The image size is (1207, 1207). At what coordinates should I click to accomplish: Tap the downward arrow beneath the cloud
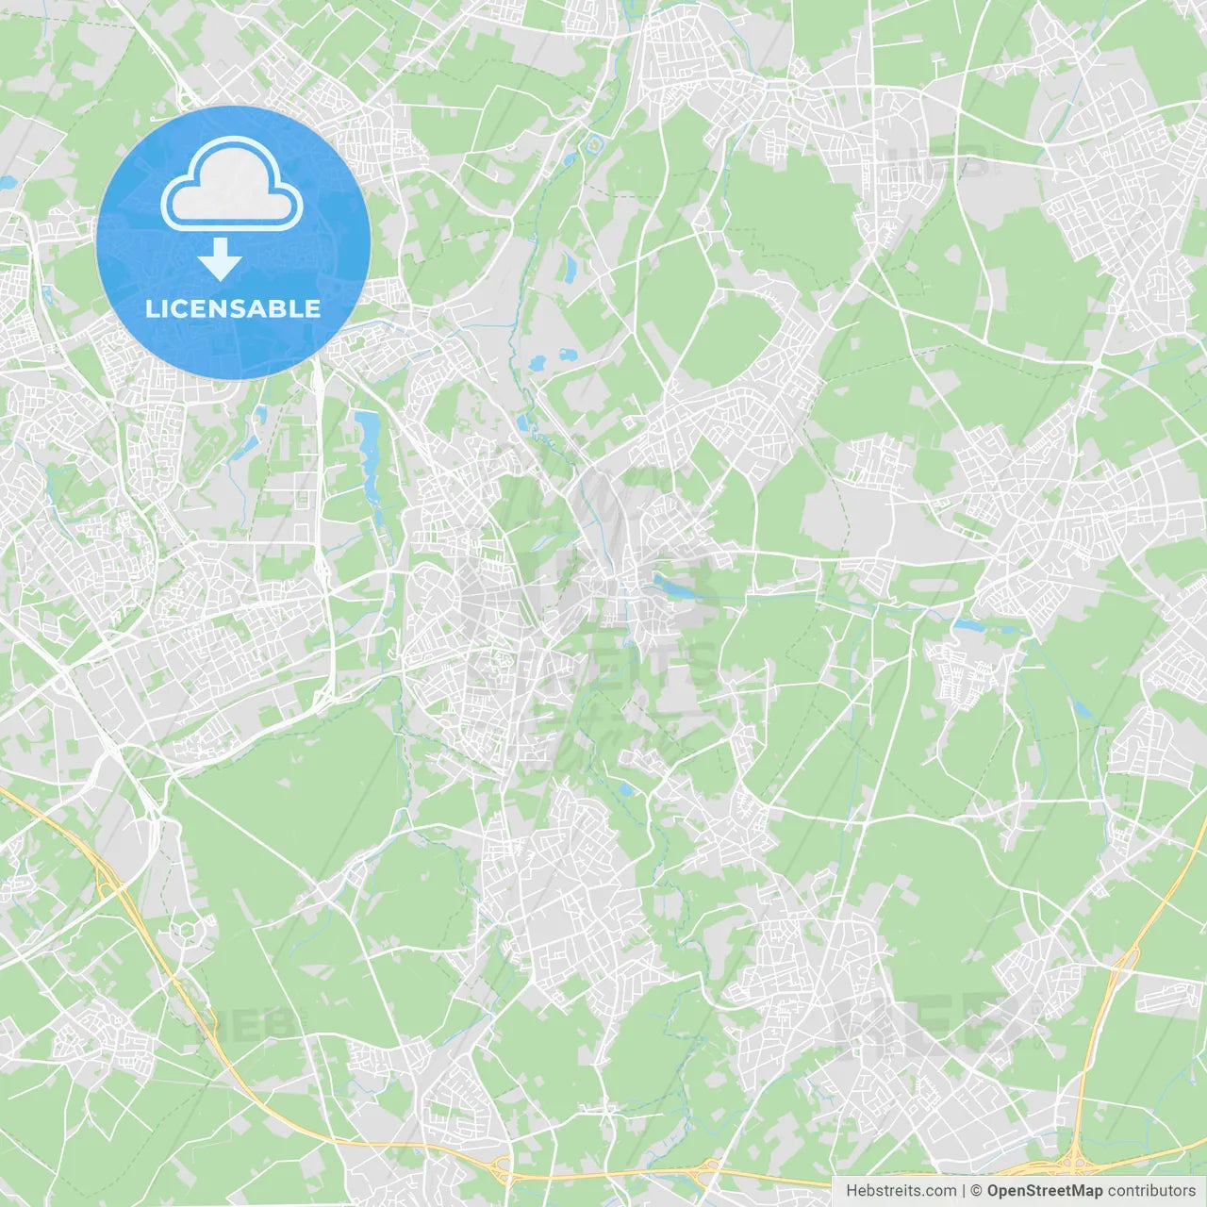coord(220,259)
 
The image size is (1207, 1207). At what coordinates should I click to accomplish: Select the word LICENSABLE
coord(232,308)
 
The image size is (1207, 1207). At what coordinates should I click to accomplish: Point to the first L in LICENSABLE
coord(152,308)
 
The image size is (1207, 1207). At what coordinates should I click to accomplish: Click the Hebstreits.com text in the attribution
coord(901,1191)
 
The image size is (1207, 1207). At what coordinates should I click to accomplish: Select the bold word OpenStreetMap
coord(1045,1191)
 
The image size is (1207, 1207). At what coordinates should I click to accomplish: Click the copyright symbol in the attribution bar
coord(977,1191)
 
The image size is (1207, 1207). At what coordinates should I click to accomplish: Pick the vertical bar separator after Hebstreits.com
coord(964,1191)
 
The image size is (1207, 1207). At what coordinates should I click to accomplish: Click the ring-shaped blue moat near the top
coord(594,145)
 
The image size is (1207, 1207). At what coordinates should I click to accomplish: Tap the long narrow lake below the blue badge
coord(368,453)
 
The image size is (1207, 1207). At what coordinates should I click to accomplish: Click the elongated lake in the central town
coord(674,587)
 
